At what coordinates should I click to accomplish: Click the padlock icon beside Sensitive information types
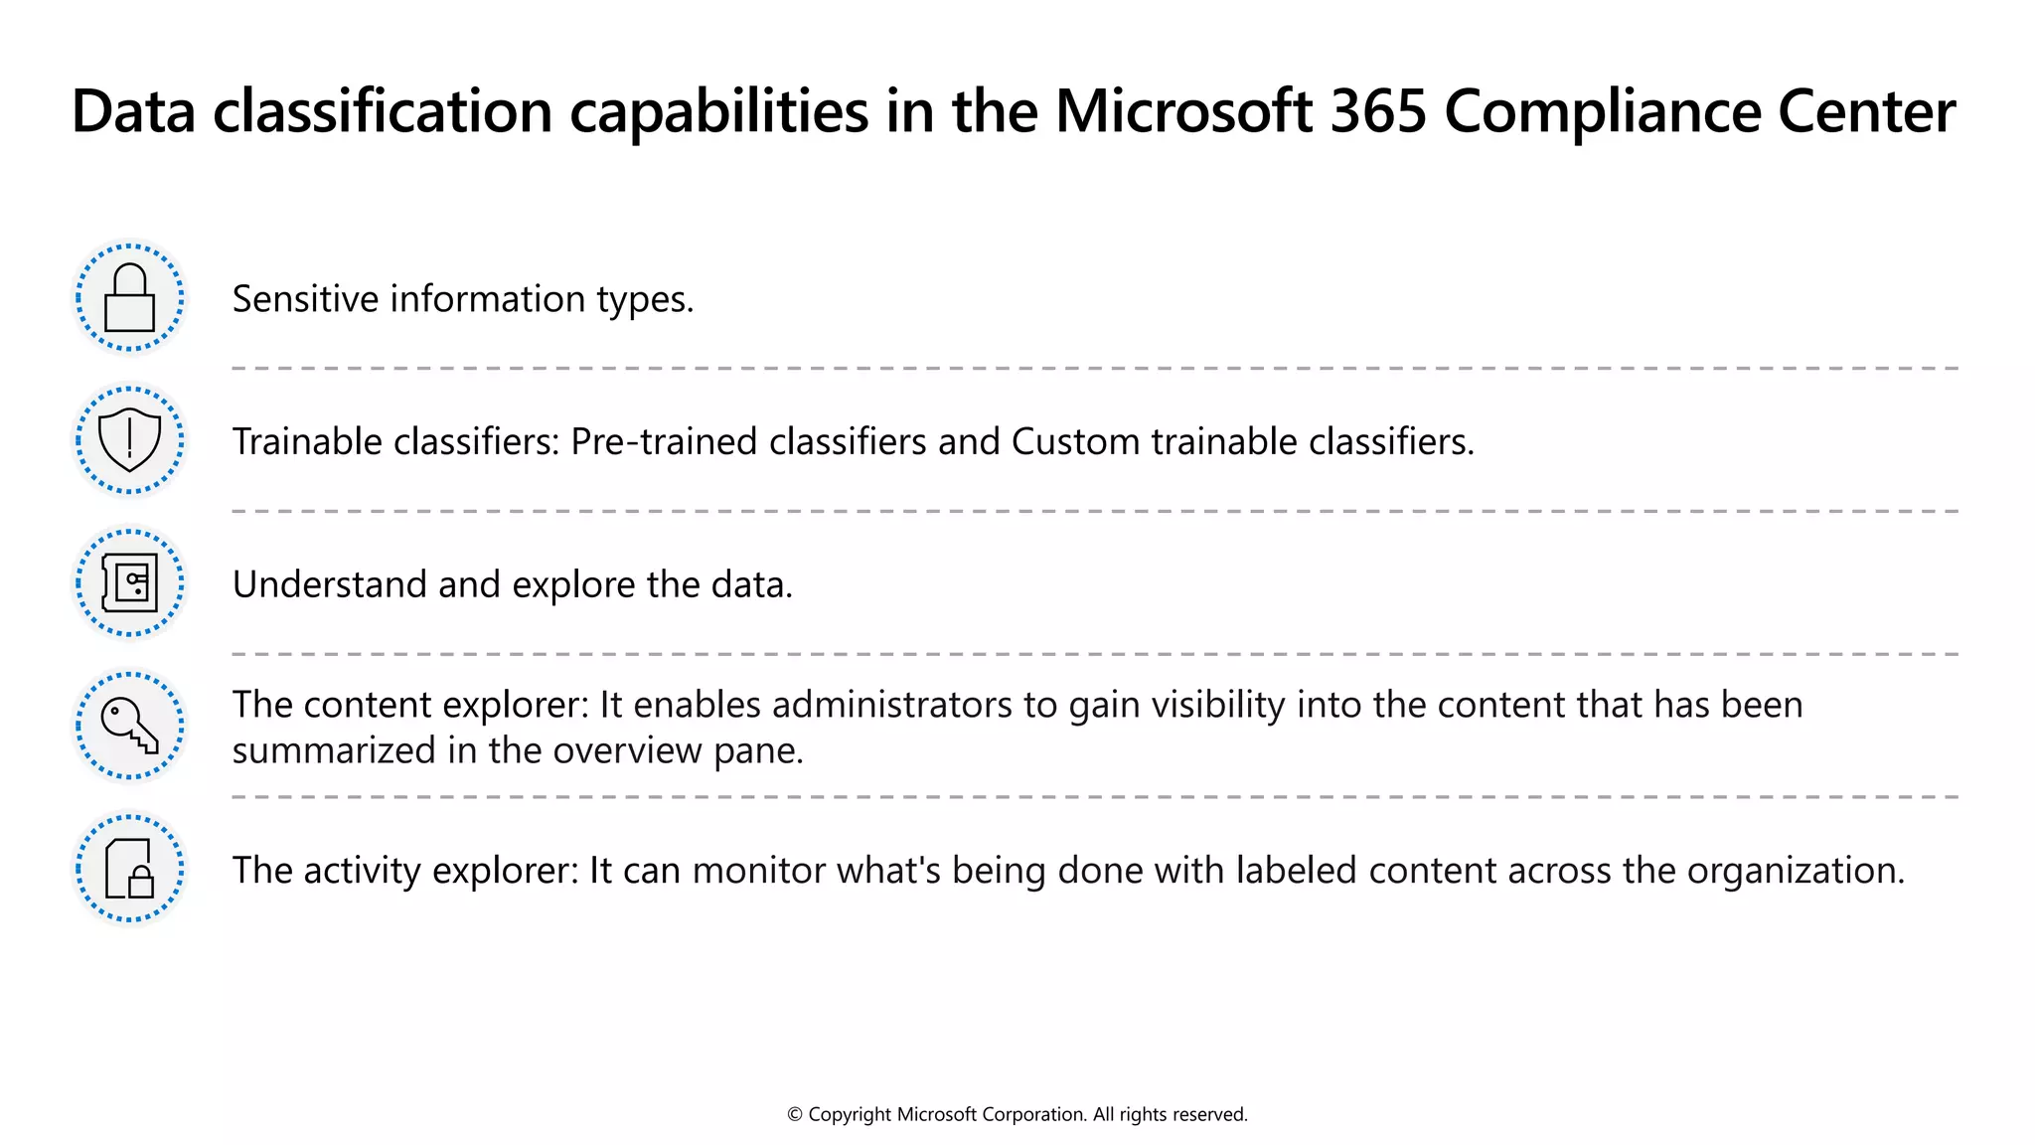coord(130,298)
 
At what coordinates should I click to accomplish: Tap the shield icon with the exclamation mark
coord(130,440)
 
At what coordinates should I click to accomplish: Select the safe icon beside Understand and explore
coord(130,583)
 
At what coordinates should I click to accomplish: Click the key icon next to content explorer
coord(130,726)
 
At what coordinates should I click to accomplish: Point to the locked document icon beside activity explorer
coord(130,869)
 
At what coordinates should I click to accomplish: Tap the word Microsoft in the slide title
coord(1182,110)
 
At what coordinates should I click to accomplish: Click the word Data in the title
coord(133,110)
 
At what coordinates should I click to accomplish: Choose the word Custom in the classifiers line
coord(1075,442)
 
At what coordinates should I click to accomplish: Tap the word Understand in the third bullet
coord(329,584)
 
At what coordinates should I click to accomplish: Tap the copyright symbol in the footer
coord(795,1115)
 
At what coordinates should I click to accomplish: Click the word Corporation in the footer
coord(1033,1115)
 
